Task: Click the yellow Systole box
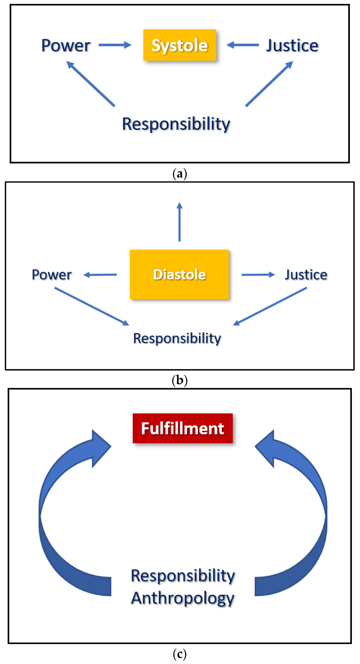click(180, 45)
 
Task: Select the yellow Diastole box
click(179, 274)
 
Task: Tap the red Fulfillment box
click(183, 428)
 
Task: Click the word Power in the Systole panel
click(66, 46)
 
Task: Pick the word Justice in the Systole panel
click(292, 46)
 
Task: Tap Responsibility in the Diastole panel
click(177, 338)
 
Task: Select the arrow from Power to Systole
click(115, 45)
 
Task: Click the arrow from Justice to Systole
click(242, 45)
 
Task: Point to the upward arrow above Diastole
click(180, 222)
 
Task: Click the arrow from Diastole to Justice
click(258, 275)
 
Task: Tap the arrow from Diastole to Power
click(100, 275)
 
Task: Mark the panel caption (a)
click(180, 174)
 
